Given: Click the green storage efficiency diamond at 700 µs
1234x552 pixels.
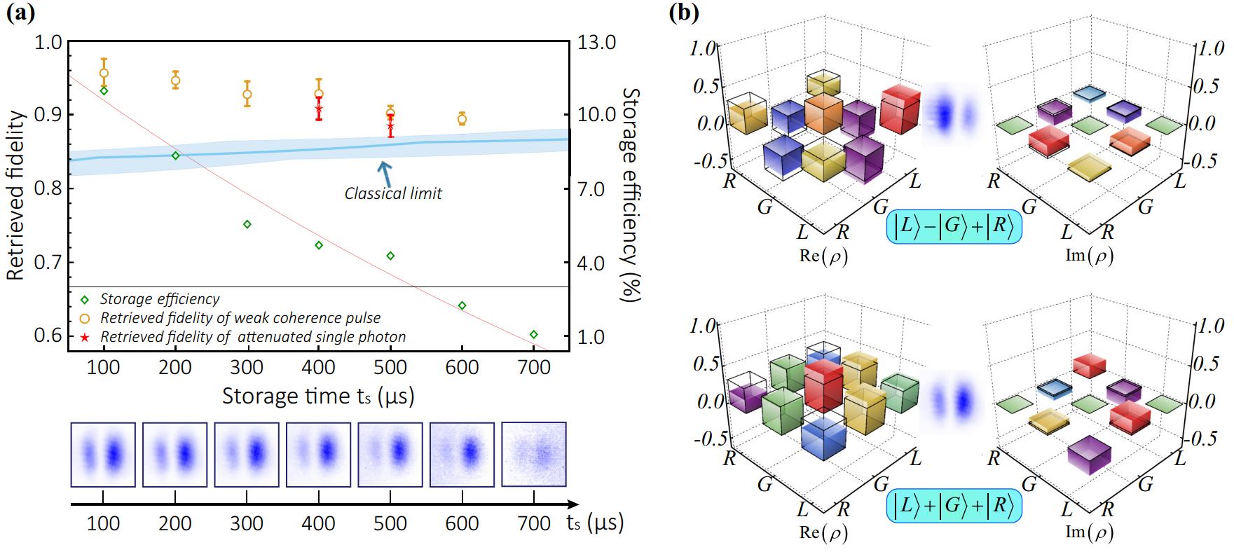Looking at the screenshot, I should [x=534, y=334].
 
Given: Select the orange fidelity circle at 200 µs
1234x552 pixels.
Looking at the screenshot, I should [x=175, y=81].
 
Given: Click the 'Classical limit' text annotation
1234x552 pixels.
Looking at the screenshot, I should [x=393, y=193].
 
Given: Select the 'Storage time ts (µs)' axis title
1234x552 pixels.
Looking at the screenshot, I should [x=318, y=396].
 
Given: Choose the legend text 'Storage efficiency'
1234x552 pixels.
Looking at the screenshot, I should [x=160, y=299].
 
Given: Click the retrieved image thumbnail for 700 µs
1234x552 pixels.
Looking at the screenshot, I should [x=534, y=455].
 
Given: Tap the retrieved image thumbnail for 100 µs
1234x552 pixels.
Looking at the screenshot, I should [x=103, y=455].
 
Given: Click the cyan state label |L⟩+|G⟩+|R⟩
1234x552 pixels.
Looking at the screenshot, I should [x=954, y=507].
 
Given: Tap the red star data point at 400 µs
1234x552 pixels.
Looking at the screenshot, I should [x=319, y=109].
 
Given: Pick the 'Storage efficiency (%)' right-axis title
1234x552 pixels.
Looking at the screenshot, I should [x=631, y=195].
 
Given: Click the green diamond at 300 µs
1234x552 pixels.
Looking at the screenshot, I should [x=247, y=224].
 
